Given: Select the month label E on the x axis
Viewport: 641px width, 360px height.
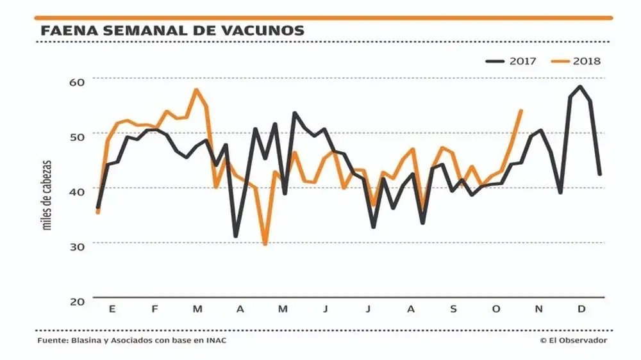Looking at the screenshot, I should [x=112, y=309].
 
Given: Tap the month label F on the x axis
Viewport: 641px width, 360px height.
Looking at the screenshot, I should [x=154, y=309].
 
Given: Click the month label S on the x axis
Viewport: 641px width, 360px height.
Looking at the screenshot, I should [x=453, y=309].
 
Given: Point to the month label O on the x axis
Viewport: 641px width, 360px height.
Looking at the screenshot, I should [x=495, y=309].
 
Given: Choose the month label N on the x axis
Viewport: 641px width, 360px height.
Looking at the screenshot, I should [x=538, y=309].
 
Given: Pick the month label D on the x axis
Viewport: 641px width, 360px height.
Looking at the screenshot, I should [x=581, y=309].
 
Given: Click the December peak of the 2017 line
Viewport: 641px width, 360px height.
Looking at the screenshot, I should [x=580, y=86].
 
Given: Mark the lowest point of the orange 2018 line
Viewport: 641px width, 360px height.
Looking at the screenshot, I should [x=265, y=243].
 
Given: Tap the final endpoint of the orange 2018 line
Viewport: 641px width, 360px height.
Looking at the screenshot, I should [x=520, y=111].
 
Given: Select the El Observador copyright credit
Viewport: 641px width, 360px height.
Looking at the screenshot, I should [x=573, y=340].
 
